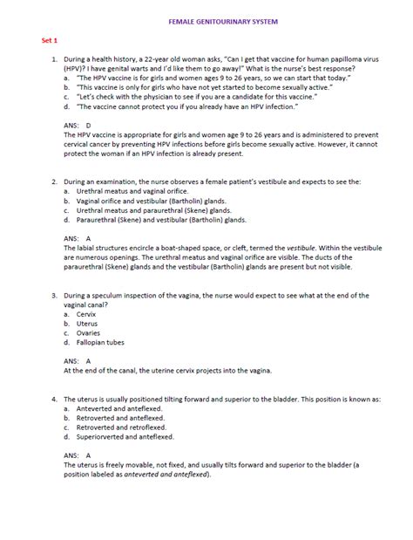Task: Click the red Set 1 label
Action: pyautogui.click(x=51, y=41)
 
